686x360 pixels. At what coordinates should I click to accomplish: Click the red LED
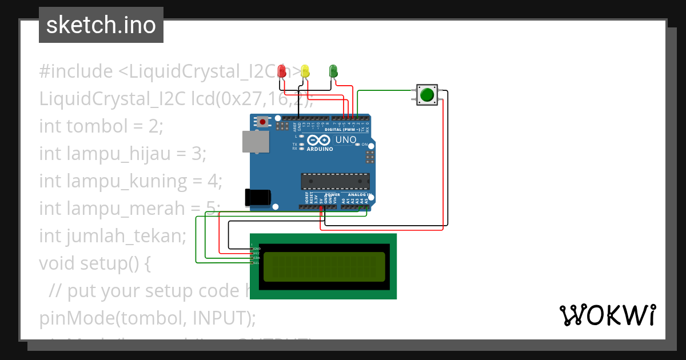[281, 71]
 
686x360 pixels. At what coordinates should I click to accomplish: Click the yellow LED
[305, 71]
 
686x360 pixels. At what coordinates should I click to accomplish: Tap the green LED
[333, 71]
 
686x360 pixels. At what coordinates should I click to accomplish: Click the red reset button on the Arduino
[263, 122]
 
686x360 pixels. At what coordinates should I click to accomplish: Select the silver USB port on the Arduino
[256, 142]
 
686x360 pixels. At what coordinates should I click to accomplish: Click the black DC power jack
[257, 197]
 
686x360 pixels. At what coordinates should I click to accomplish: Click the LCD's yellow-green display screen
[324, 267]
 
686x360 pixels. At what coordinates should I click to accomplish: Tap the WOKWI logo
[607, 315]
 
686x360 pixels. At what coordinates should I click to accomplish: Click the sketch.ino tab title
[101, 25]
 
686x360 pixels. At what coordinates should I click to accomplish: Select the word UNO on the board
[346, 139]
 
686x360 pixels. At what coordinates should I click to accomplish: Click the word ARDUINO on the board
[320, 149]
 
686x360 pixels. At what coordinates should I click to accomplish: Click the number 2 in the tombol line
[158, 126]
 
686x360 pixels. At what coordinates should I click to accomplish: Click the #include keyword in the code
[76, 71]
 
